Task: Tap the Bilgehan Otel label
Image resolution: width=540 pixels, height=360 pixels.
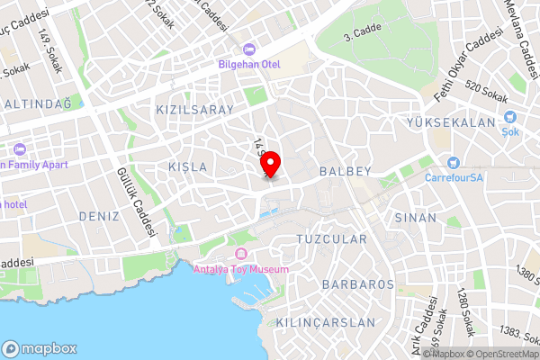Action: pos(249,65)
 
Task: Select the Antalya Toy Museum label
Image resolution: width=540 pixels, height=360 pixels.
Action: pos(242,269)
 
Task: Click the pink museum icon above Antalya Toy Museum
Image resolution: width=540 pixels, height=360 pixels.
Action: pos(241,251)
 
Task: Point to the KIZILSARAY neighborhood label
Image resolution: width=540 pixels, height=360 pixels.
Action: pos(195,110)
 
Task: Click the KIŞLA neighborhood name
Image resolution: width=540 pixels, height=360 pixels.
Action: pos(188,167)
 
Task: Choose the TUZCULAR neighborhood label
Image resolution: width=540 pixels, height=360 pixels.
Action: pos(331,239)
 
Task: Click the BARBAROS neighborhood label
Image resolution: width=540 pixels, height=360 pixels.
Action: pos(357,284)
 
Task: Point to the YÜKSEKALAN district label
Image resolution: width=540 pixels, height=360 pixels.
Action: pos(452,122)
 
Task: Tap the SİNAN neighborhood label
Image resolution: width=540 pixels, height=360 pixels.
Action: pos(415,218)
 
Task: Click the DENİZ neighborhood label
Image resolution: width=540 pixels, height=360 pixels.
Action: pos(99,216)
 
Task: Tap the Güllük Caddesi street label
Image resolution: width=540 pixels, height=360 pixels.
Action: pos(133,202)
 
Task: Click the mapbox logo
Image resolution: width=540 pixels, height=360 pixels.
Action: pos(40,348)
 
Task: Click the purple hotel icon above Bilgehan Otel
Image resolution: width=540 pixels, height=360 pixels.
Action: pos(249,49)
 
